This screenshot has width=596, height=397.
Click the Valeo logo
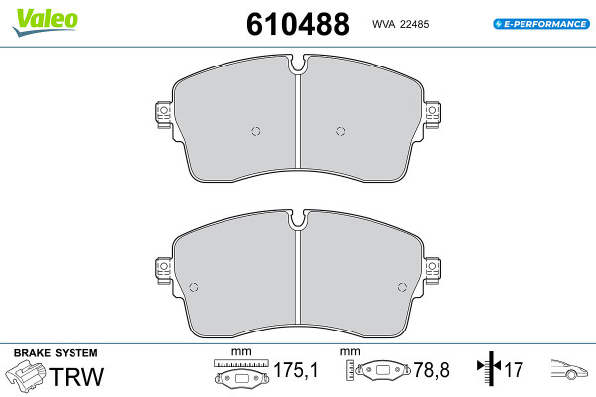click(46, 22)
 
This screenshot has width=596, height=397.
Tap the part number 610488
click(298, 24)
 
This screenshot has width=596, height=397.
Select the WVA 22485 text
click(400, 24)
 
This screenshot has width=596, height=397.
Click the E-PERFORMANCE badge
click(541, 24)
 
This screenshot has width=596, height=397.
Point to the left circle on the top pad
click(256, 131)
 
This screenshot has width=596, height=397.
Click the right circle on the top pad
click(341, 131)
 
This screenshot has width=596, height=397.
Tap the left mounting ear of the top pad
click(164, 115)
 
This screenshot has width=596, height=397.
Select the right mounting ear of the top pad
click(432, 115)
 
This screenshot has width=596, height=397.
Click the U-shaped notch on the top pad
click(298, 64)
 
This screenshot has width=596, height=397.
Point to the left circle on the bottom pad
click(194, 287)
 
